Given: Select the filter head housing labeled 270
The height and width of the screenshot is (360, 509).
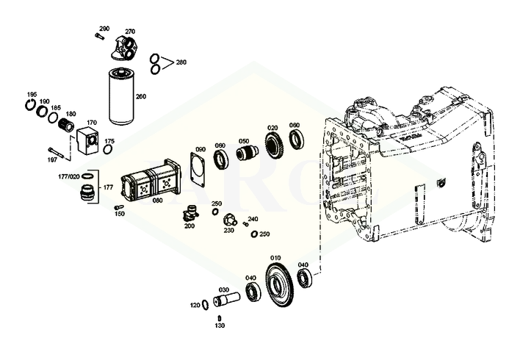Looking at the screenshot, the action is (x=126, y=48).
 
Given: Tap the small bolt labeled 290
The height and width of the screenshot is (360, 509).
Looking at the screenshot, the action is (x=99, y=36).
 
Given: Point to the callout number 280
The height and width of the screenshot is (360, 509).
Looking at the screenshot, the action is (x=181, y=62).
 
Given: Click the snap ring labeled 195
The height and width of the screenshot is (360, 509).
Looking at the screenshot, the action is (x=30, y=105).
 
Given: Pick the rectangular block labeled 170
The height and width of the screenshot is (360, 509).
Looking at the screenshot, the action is (x=87, y=140).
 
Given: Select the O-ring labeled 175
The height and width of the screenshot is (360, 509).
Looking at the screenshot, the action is (x=108, y=149).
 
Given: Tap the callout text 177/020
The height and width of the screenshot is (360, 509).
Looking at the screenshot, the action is (x=68, y=176).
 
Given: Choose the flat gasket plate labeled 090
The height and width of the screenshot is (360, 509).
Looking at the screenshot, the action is (x=198, y=170).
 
